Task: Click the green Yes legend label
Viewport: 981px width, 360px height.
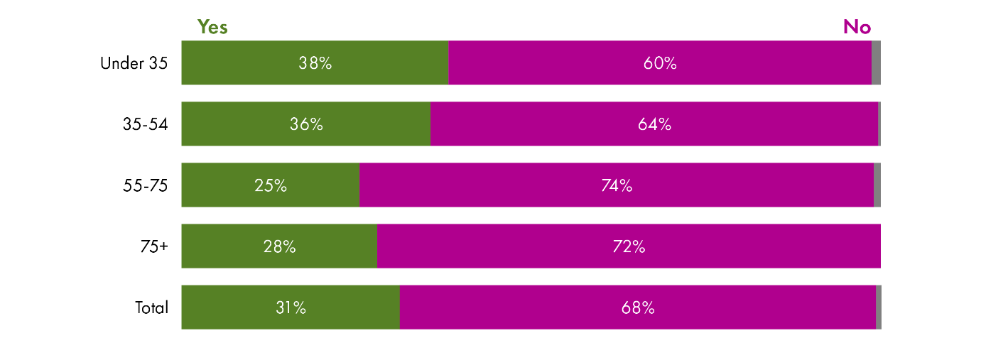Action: tap(212, 27)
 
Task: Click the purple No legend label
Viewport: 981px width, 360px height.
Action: tap(857, 27)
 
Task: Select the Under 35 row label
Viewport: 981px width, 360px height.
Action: tap(134, 63)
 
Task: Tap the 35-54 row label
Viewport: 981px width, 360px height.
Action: tap(146, 124)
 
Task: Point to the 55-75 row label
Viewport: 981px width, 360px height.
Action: tap(146, 185)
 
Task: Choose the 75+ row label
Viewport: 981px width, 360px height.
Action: tap(154, 246)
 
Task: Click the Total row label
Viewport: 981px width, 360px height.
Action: tap(152, 307)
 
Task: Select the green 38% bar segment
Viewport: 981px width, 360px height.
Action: tap(315, 63)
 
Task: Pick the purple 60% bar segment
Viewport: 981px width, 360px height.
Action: tap(660, 63)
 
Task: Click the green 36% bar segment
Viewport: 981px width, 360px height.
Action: tap(305, 124)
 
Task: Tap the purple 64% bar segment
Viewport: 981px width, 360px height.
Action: tap(654, 124)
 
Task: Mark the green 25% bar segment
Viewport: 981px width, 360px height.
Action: tap(270, 185)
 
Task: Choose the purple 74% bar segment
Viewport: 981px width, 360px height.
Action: tap(616, 185)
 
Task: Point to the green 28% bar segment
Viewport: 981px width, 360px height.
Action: tap(279, 246)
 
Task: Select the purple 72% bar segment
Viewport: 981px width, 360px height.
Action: tap(629, 246)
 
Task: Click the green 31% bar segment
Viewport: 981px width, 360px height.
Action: tap(291, 307)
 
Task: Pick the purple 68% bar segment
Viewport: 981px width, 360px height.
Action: tap(637, 307)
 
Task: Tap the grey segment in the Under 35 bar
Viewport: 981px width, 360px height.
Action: tap(876, 63)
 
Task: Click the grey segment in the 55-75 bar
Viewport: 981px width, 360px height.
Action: tap(877, 185)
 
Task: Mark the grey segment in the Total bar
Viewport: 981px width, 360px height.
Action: tap(879, 307)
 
